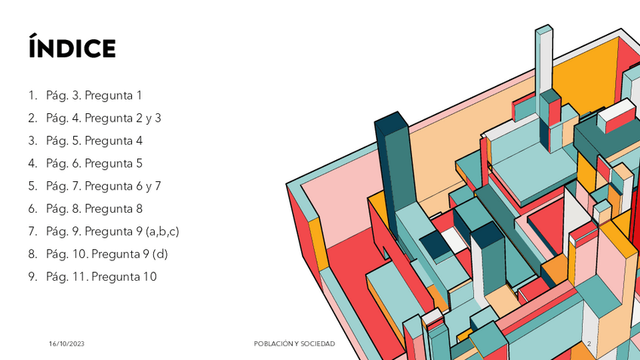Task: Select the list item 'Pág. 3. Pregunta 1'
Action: click(x=94, y=96)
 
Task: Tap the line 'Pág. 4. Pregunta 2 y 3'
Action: click(x=103, y=118)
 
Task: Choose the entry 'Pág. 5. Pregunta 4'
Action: click(x=94, y=141)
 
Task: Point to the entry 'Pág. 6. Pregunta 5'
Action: click(x=94, y=164)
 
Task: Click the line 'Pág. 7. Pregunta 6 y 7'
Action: click(x=103, y=186)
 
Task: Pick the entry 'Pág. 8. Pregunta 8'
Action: click(x=94, y=209)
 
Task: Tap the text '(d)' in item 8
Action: click(x=160, y=254)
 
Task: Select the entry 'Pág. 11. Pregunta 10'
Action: click(x=101, y=277)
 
